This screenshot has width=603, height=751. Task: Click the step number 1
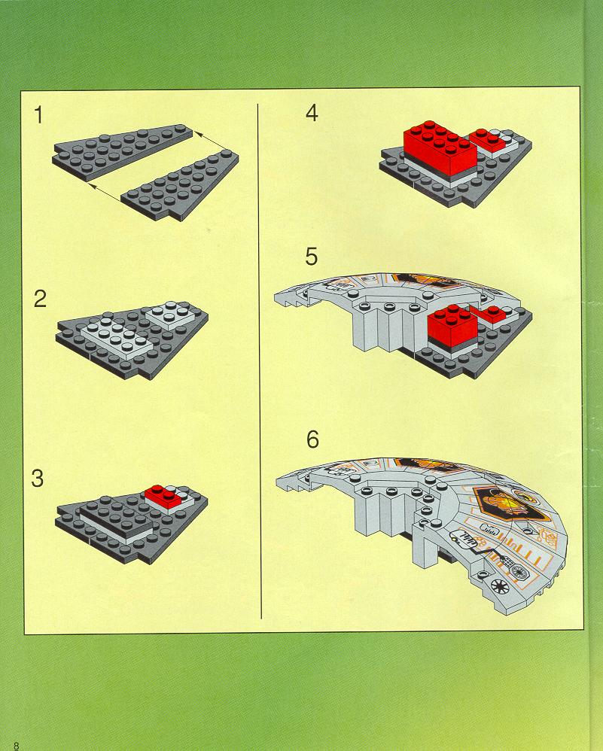click(x=38, y=115)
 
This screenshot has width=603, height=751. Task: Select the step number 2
click(x=40, y=299)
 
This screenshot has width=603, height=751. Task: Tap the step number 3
click(x=38, y=479)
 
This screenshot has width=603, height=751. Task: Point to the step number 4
click(x=312, y=113)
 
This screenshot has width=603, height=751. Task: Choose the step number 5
click(x=312, y=257)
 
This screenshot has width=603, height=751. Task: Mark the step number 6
click(x=312, y=439)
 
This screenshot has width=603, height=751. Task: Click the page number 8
click(x=17, y=746)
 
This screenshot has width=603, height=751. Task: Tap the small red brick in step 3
click(x=163, y=495)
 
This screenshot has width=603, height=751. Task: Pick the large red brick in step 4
click(x=440, y=147)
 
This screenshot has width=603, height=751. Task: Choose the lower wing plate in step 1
click(x=181, y=185)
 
